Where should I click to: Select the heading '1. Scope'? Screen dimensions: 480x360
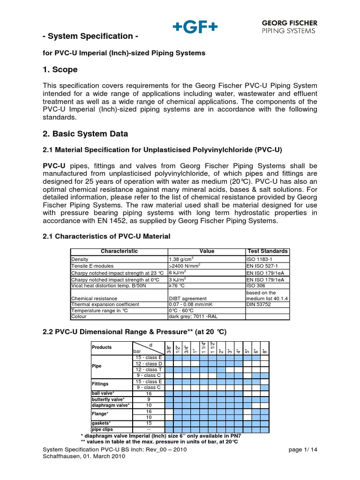click(60, 70)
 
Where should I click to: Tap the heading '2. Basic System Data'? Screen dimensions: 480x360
click(85, 134)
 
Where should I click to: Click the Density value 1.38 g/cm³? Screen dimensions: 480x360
click(181, 259)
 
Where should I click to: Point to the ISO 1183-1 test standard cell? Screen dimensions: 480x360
click(260, 259)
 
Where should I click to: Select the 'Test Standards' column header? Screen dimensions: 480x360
click(268, 251)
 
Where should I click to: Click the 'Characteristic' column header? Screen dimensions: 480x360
click(119, 251)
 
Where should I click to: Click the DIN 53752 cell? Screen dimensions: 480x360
click(259, 304)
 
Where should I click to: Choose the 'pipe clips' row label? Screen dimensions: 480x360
click(102, 429)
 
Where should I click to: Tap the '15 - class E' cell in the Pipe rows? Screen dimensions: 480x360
click(149, 358)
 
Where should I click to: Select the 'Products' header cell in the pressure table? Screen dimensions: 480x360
click(102, 347)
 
